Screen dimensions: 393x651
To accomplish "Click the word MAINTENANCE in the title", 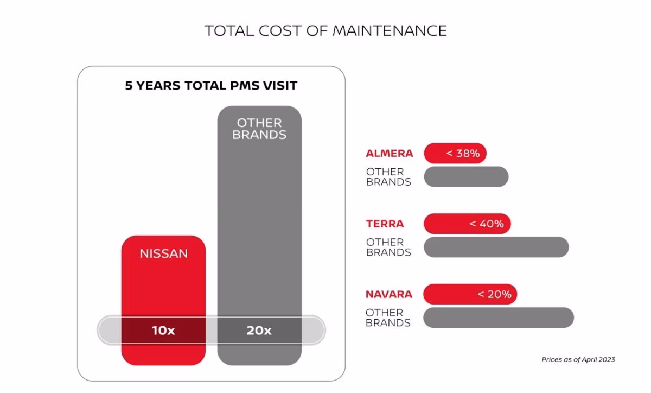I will tap(390, 30).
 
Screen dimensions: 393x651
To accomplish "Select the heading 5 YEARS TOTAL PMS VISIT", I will tap(211, 85).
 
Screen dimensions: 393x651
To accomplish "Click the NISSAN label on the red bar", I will tap(163, 253).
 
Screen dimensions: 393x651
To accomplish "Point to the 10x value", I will tap(163, 330).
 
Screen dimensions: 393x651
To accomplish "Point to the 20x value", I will tap(259, 330).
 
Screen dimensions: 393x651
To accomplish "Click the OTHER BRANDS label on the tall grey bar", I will tap(259, 129).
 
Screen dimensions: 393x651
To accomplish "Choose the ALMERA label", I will tap(389, 154).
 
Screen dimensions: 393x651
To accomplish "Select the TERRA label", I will tap(385, 224).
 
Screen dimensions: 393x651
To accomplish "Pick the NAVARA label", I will tap(389, 294).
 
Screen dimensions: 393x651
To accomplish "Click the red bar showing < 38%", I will tap(455, 154).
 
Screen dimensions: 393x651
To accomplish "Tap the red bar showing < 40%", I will tap(467, 224).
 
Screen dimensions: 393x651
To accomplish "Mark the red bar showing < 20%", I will tap(470, 294).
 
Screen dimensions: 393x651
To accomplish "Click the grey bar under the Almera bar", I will tap(466, 177).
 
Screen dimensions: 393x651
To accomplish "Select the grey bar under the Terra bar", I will tap(496, 247).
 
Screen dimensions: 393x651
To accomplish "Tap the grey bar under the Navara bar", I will tap(498, 318).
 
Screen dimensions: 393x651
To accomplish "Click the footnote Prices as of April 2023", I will tap(578, 359).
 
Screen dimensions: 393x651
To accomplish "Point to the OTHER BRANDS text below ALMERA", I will tap(388, 177).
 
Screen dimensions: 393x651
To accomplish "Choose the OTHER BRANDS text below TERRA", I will tap(388, 247).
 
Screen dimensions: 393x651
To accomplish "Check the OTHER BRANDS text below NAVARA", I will tap(388, 318).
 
